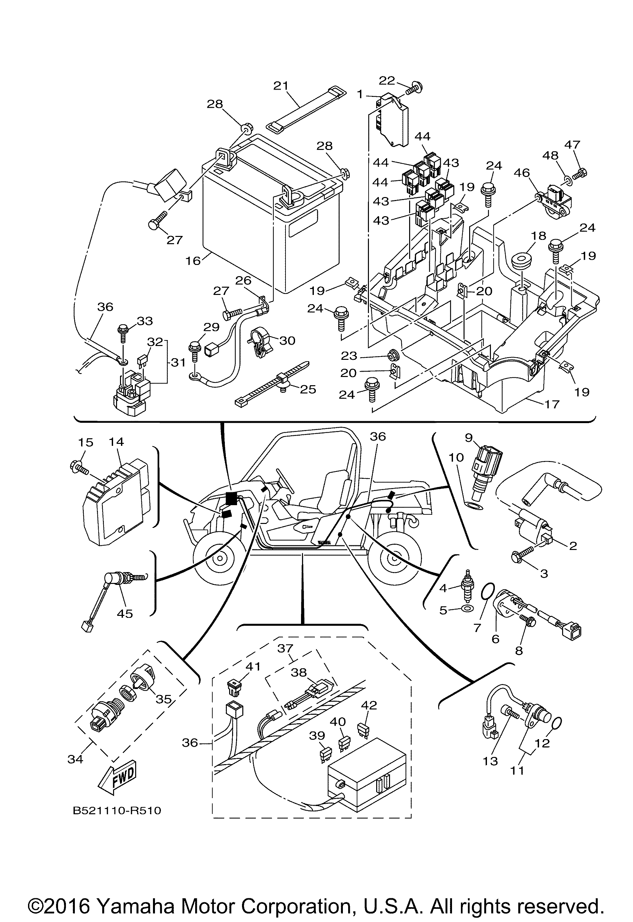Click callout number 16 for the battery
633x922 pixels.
pyautogui.click(x=193, y=261)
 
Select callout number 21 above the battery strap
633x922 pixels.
pyautogui.click(x=281, y=86)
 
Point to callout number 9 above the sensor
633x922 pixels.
pyautogui.click(x=469, y=438)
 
